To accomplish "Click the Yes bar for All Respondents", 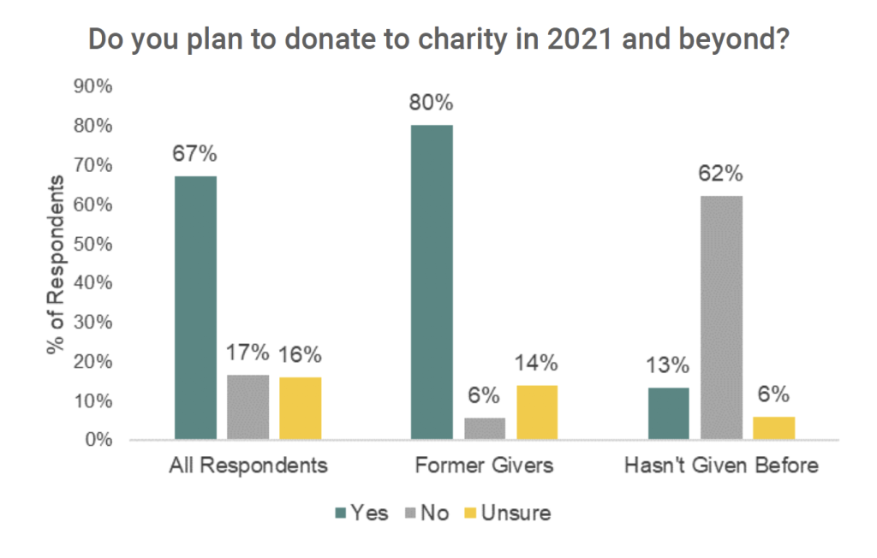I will coord(195,308).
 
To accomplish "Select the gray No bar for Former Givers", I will coord(485,429).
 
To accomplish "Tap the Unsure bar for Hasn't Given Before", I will coord(773,428).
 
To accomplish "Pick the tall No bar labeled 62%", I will coord(721,318).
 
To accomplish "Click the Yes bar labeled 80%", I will coord(432,282).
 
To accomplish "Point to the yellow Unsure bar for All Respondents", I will coord(300,408).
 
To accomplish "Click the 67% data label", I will coord(195,155).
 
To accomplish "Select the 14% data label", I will coord(537,364).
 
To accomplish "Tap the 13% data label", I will coord(668,365).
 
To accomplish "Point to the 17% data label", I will coord(248,353).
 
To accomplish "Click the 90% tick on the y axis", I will coord(93,87).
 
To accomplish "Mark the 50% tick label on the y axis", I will coord(93,244).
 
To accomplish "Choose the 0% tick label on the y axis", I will coord(98,440).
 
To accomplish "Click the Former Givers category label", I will coord(484,467).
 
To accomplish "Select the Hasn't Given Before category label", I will coord(722,467).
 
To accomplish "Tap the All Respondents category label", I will coord(248,467).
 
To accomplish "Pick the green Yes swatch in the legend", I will coord(340,514).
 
